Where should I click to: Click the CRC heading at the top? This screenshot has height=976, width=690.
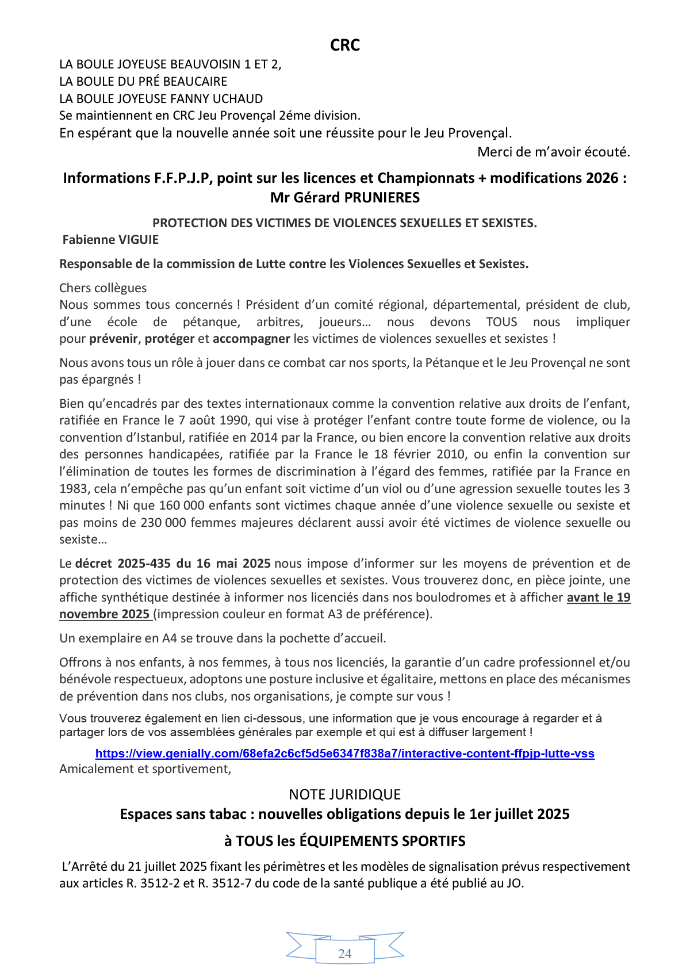345,45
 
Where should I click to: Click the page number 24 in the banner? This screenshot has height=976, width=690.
345,954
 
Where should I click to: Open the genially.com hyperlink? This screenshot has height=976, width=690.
345,753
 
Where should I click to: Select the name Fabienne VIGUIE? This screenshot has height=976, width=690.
110,240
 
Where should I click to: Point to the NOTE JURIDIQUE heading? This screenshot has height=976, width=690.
345,795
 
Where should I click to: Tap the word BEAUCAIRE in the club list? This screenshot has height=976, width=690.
198,82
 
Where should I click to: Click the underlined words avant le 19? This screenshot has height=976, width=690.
599,598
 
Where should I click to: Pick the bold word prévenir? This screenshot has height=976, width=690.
113,339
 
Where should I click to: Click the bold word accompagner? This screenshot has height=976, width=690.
251,339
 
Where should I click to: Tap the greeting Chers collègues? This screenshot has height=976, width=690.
103,288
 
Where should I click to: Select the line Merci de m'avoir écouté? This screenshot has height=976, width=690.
554,152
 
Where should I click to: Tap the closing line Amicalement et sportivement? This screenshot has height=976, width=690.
145,769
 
